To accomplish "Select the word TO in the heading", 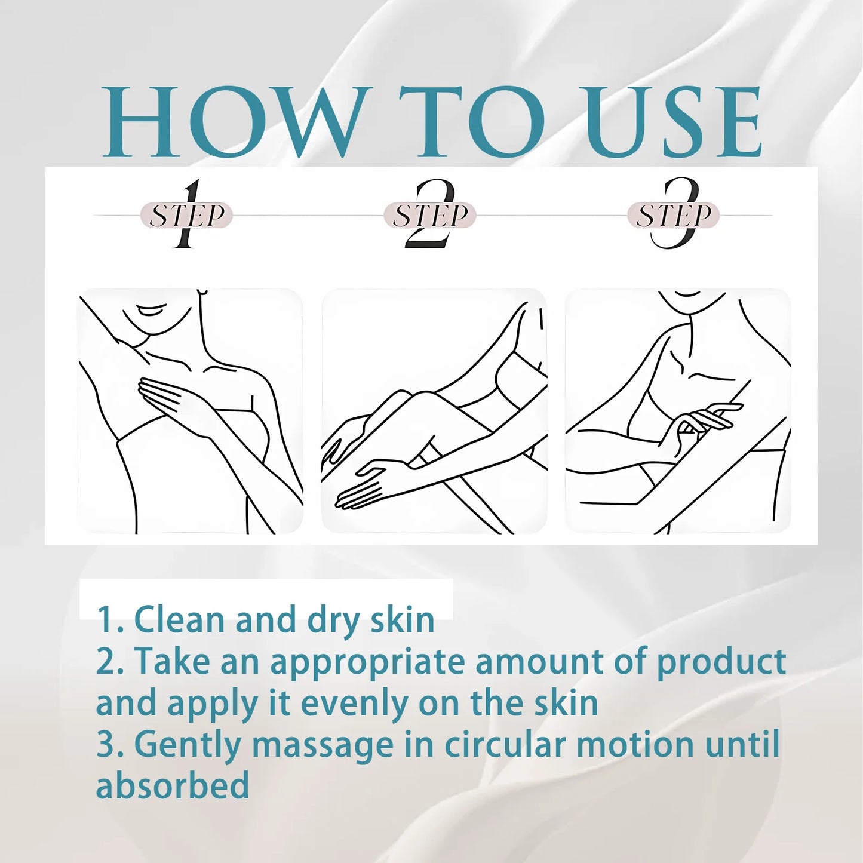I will click(x=472, y=122).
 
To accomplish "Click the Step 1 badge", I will click(x=186, y=215).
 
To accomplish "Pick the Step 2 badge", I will click(x=429, y=215).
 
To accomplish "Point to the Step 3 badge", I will click(x=673, y=215).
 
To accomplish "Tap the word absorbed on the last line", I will click(x=173, y=785).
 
